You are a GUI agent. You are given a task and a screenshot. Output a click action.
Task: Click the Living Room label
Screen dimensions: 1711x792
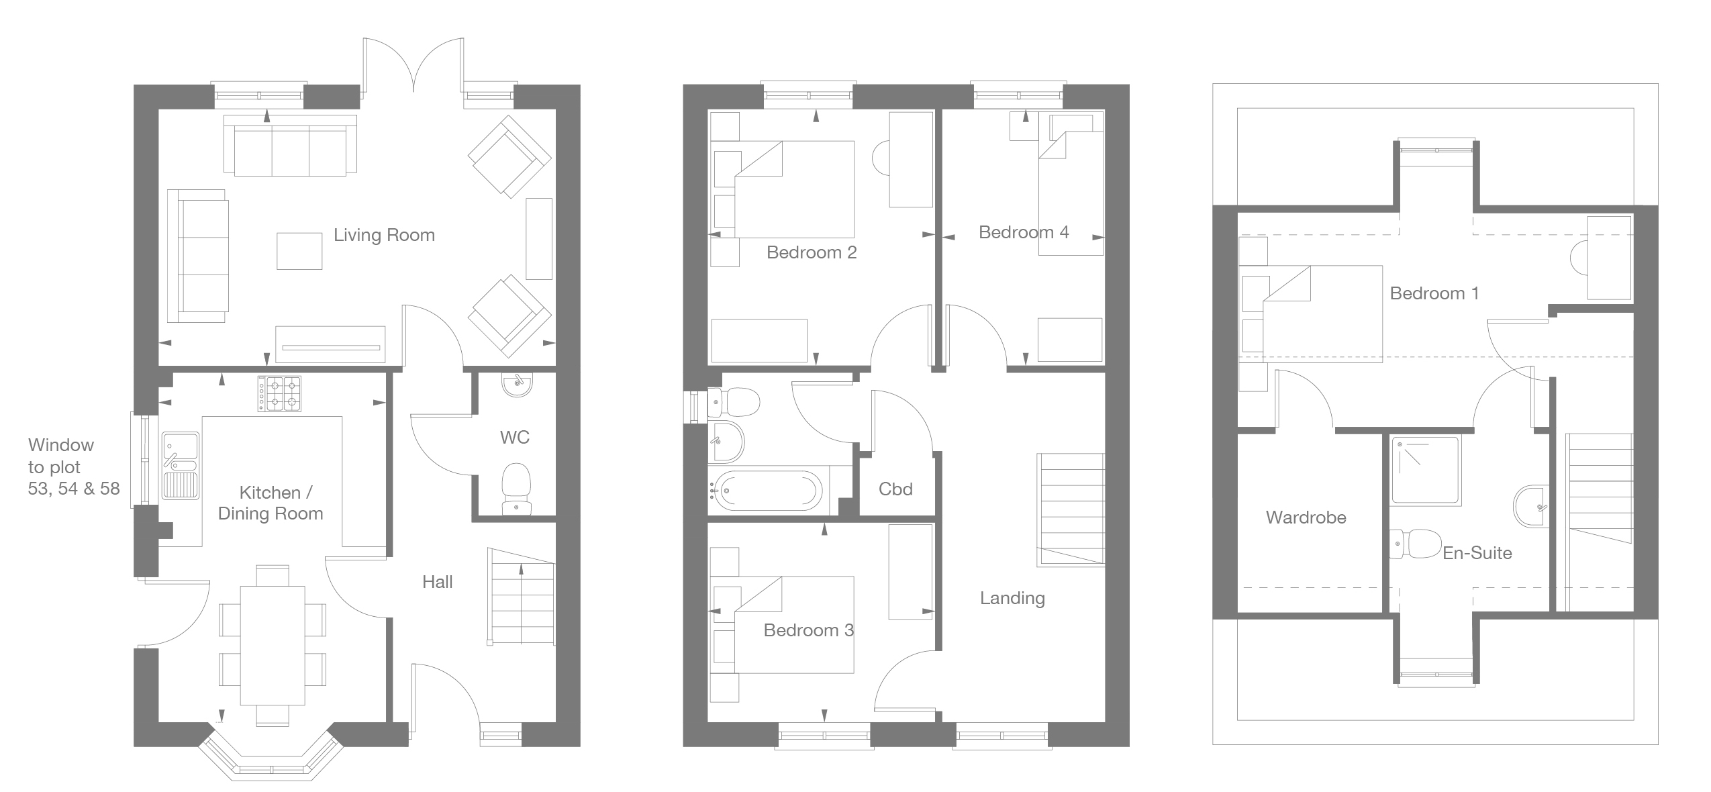pyautogui.click(x=384, y=235)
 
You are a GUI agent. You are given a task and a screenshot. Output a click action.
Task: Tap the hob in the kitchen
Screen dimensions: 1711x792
pyautogui.click(x=279, y=393)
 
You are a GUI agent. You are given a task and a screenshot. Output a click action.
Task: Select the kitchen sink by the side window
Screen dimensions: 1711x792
pyautogui.click(x=180, y=466)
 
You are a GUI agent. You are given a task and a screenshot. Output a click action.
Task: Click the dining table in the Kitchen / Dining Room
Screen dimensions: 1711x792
pyautogui.click(x=273, y=645)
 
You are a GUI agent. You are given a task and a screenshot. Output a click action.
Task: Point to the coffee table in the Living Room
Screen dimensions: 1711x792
pyautogui.click(x=299, y=250)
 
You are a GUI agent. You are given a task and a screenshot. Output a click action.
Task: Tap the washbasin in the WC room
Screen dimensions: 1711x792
pyautogui.click(x=516, y=385)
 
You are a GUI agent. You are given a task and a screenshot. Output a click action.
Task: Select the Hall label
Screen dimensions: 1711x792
pyautogui.click(x=438, y=582)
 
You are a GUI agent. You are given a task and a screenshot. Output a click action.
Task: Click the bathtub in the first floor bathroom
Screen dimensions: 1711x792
pyautogui.click(x=765, y=490)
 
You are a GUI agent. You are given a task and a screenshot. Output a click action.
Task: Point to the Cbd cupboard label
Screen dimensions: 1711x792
pyautogui.click(x=895, y=489)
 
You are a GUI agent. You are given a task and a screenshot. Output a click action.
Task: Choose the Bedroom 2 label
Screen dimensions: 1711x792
pyautogui.click(x=812, y=252)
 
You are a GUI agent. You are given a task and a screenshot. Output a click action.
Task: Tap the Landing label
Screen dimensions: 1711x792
pyautogui.click(x=1012, y=598)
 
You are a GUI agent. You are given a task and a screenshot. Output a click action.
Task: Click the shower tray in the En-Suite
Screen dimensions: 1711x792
pyautogui.click(x=1426, y=471)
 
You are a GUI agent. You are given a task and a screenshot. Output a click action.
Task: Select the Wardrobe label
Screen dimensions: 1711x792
pyautogui.click(x=1306, y=517)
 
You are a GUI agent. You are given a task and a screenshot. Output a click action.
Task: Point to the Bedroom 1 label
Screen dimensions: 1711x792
pyautogui.click(x=1434, y=293)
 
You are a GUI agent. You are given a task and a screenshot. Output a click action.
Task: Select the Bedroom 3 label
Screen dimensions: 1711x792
pyautogui.click(x=809, y=630)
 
